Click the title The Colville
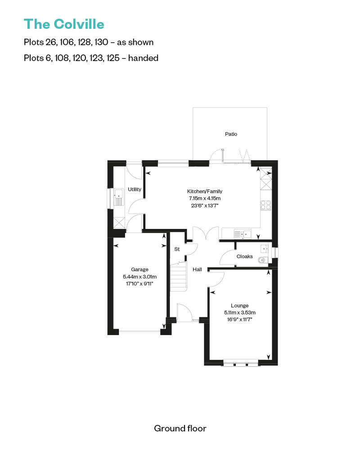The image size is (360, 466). pyautogui.click(x=64, y=24)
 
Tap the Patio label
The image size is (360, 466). pyautogui.click(x=231, y=134)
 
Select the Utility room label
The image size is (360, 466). pyautogui.click(x=135, y=189)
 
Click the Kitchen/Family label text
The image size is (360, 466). pyautogui.click(x=205, y=192)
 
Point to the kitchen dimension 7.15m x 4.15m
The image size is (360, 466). pyautogui.click(x=205, y=198)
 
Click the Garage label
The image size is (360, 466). pyautogui.click(x=139, y=269)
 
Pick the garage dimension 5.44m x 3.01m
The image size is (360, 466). pyautogui.click(x=139, y=277)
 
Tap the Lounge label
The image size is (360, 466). pyautogui.click(x=239, y=305)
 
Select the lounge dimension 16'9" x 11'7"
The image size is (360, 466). pyautogui.click(x=239, y=319)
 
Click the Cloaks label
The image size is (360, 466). pyautogui.click(x=245, y=256)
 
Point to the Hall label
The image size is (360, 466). pyautogui.click(x=197, y=269)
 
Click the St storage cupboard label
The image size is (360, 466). pyautogui.click(x=177, y=249)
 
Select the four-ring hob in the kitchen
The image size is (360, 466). pyautogui.click(x=266, y=206)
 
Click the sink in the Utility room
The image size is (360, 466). pyautogui.click(x=119, y=197)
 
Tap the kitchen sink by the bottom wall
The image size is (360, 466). pyautogui.click(x=242, y=234)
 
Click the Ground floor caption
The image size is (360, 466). pyautogui.click(x=180, y=429)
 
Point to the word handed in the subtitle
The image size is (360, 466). pyautogui.click(x=143, y=58)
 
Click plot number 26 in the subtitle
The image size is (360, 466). pyautogui.click(x=51, y=42)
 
